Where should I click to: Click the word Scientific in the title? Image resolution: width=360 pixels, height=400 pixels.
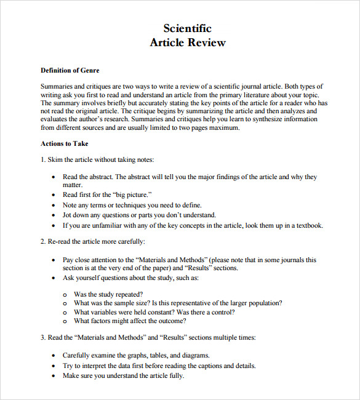coord(188,28)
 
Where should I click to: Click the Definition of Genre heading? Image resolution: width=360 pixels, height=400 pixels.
coord(70,71)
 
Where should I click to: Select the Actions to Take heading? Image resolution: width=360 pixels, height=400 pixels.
coord(65,143)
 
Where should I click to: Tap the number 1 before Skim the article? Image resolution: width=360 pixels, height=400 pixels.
coord(42,159)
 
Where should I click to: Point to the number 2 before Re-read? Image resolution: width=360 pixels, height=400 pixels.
coord(42,241)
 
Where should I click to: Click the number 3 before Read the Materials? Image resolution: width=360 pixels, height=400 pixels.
coord(42,338)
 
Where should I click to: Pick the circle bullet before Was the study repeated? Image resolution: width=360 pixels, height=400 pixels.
coord(65,295)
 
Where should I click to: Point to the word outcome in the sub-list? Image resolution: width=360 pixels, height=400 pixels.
coord(170,321)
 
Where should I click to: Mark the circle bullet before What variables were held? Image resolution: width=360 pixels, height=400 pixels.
coord(65,312)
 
